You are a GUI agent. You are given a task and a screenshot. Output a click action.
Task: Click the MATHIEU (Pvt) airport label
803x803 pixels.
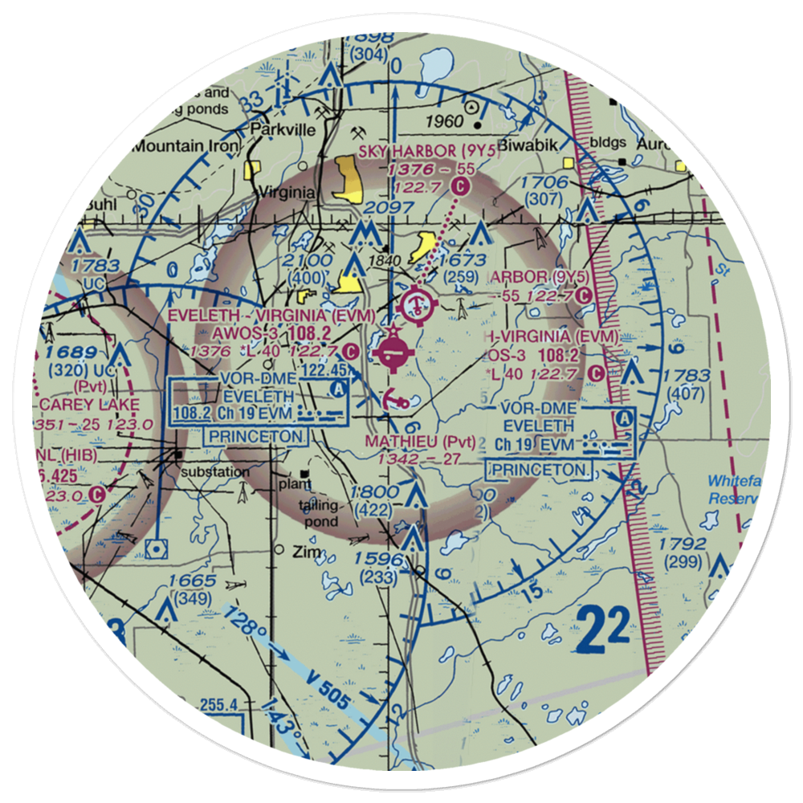tap(420, 442)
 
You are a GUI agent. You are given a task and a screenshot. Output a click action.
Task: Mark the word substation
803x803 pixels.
tap(216, 472)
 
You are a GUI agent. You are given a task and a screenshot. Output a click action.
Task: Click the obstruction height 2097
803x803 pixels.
tap(388, 208)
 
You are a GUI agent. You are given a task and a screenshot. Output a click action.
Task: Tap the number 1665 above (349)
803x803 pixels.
tap(192, 581)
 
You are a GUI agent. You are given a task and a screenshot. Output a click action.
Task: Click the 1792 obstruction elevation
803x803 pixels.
tap(683, 544)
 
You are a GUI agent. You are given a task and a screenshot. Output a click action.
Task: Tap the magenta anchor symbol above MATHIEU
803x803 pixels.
tap(393, 397)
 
